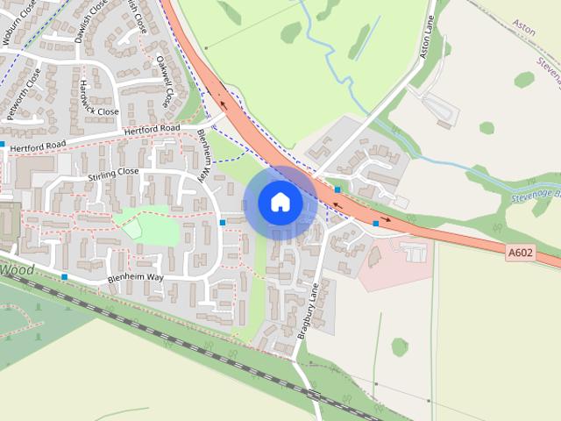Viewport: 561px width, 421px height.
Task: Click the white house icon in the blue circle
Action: point(280,203)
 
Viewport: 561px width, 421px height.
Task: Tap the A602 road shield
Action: point(520,253)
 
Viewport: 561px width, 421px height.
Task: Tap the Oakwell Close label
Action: point(163,81)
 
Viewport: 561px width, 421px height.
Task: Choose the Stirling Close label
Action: point(113,173)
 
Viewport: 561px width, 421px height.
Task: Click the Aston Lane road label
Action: point(426,40)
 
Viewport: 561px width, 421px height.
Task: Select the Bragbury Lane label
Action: point(306,309)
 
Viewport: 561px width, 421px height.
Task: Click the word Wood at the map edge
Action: point(17,269)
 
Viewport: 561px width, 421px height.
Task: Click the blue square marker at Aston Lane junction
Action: point(337,189)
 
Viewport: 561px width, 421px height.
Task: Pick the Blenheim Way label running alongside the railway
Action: point(135,277)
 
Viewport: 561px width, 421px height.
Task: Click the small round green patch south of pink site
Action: point(400,346)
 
